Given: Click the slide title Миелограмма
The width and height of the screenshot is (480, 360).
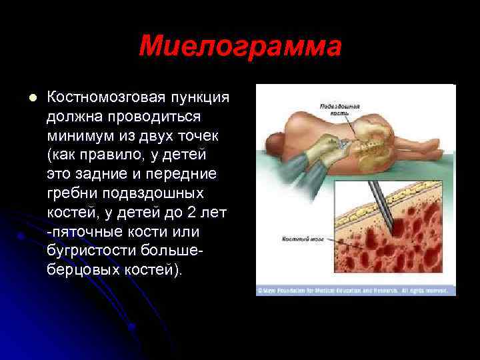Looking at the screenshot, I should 240,47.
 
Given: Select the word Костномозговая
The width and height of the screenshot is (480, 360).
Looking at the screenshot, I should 103,97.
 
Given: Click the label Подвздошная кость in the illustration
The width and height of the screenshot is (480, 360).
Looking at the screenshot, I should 340,109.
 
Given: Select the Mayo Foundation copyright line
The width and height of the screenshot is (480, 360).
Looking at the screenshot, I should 355,291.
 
